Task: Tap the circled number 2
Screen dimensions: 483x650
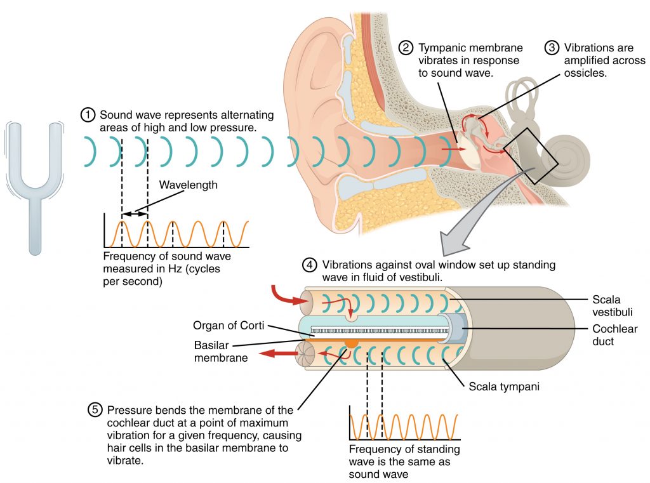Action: tap(406, 48)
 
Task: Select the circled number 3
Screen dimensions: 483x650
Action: tap(552, 48)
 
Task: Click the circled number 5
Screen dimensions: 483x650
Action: tap(95, 410)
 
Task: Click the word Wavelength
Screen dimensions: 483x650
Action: tap(188, 185)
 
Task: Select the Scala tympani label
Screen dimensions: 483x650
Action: tap(504, 385)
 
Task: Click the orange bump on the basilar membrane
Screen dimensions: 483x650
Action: tap(350, 343)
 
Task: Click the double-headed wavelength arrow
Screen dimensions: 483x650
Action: tap(134, 216)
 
